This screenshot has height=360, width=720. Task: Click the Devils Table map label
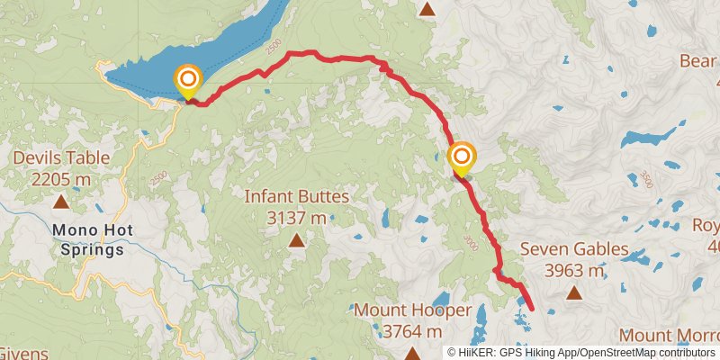click(x=61, y=158)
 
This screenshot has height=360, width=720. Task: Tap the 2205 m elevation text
click(x=61, y=179)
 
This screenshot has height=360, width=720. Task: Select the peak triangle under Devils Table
click(x=61, y=202)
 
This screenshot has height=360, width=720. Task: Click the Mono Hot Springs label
click(x=93, y=240)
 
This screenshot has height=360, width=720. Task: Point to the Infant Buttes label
click(x=296, y=196)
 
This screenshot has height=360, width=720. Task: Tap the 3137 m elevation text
click(x=296, y=217)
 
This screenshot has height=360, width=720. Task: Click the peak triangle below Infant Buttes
click(x=296, y=239)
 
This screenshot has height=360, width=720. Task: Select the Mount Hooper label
click(x=411, y=310)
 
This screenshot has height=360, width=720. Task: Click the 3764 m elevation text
click(x=411, y=331)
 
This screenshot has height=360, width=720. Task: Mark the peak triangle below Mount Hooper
click(x=411, y=354)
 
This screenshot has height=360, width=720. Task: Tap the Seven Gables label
click(x=574, y=249)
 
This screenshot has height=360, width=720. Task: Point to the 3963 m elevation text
click(x=574, y=270)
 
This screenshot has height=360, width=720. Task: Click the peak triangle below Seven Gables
click(x=574, y=292)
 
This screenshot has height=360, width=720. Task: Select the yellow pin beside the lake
click(x=188, y=82)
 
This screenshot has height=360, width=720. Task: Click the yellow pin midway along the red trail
click(x=462, y=159)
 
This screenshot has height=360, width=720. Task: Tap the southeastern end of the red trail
click(x=531, y=309)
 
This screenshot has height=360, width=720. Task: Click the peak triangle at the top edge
click(x=428, y=9)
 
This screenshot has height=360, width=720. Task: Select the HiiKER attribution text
click(x=584, y=353)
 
